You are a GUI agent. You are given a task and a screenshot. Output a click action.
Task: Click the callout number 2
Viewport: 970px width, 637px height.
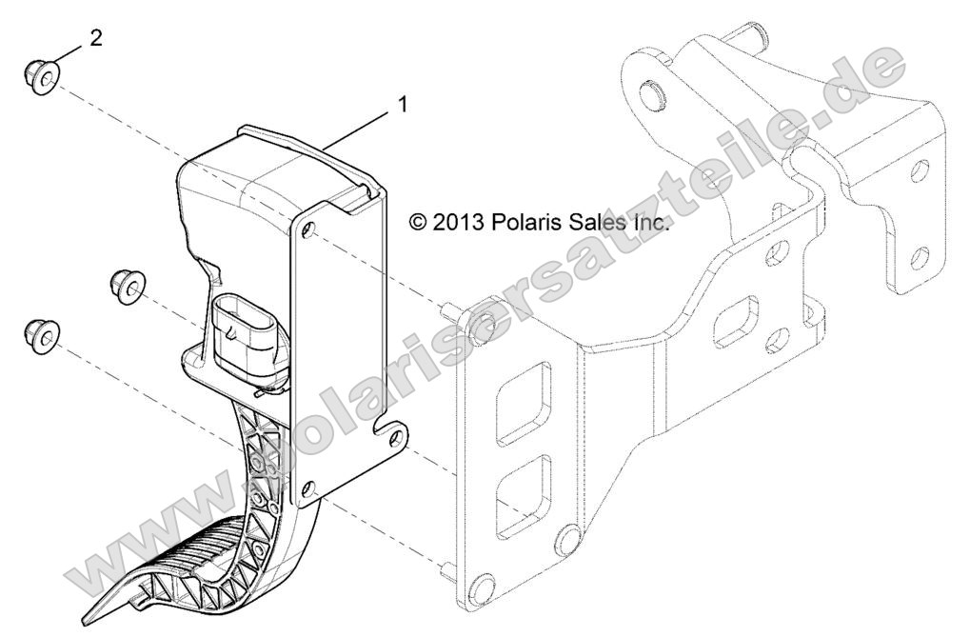[95, 38]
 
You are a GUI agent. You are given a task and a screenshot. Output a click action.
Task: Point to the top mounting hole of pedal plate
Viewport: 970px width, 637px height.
[307, 229]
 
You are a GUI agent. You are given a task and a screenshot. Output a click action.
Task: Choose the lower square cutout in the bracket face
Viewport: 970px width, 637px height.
[523, 488]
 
